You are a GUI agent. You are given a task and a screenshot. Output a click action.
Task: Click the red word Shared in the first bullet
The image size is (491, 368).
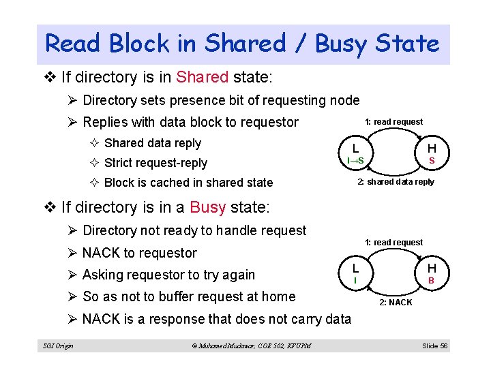201,77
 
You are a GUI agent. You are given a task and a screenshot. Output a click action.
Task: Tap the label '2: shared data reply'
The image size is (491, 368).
396,182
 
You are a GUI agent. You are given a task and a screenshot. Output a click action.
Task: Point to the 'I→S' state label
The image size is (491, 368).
355,161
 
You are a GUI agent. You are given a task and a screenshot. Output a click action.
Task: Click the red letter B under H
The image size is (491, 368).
431,280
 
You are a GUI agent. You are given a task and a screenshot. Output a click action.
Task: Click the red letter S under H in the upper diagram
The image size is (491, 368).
431,161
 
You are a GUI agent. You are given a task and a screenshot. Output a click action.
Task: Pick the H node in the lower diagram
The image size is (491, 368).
431,268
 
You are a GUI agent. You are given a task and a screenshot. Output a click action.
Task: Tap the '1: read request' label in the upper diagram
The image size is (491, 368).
393,122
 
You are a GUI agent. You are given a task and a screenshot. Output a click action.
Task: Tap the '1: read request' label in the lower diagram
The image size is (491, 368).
393,242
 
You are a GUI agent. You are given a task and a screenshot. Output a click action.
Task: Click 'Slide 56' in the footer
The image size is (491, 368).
434,346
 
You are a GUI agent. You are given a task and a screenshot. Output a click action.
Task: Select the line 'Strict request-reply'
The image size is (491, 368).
155,163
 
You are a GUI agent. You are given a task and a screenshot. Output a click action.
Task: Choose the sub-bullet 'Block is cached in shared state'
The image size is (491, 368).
188,183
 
